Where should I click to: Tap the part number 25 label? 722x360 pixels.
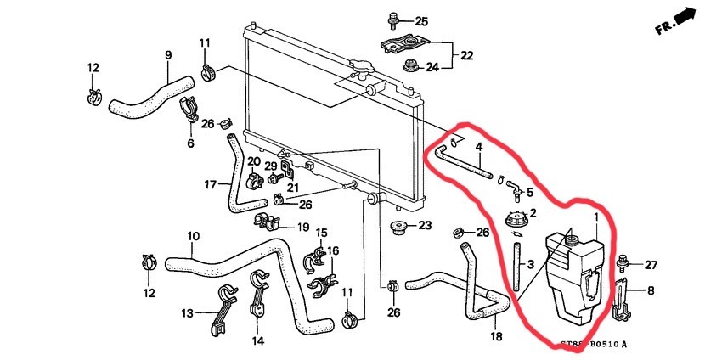[x=422, y=21]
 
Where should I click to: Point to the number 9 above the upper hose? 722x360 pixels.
[x=168, y=55]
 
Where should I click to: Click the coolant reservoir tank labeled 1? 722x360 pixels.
[x=575, y=276]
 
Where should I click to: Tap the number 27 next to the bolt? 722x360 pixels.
[x=651, y=265]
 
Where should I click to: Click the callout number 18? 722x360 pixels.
[x=498, y=336]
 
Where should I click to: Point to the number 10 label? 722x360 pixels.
[x=193, y=235]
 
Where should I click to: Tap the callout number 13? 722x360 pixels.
[x=187, y=313]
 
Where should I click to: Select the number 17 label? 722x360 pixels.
[x=211, y=183]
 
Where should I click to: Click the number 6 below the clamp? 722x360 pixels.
[x=190, y=143]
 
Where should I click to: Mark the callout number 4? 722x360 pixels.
[x=479, y=147]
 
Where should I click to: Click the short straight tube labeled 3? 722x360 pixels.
[x=515, y=267]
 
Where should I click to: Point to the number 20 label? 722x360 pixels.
[x=254, y=160]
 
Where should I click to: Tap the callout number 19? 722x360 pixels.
[x=302, y=227]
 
